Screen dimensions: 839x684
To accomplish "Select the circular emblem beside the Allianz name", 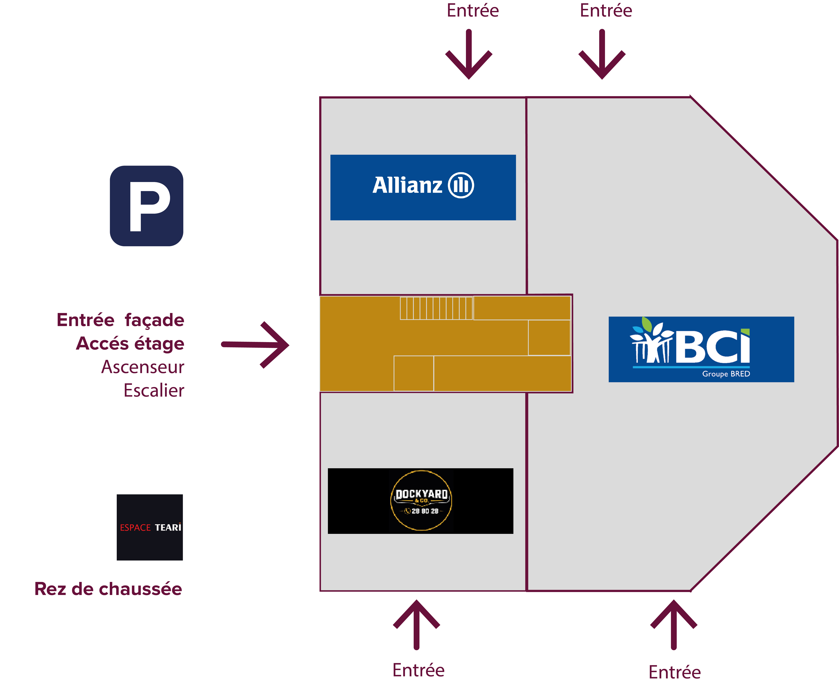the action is tap(461, 185).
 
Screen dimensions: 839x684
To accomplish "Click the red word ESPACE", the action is tap(135, 528).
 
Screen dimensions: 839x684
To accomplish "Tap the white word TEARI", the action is tap(168, 527).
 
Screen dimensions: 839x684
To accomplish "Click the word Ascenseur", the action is tap(143, 367).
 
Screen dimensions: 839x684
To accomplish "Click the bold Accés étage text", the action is tap(130, 344).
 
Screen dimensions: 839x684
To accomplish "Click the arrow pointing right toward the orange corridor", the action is tap(255, 345).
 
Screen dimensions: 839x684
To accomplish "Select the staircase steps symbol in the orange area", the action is tap(436, 308).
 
